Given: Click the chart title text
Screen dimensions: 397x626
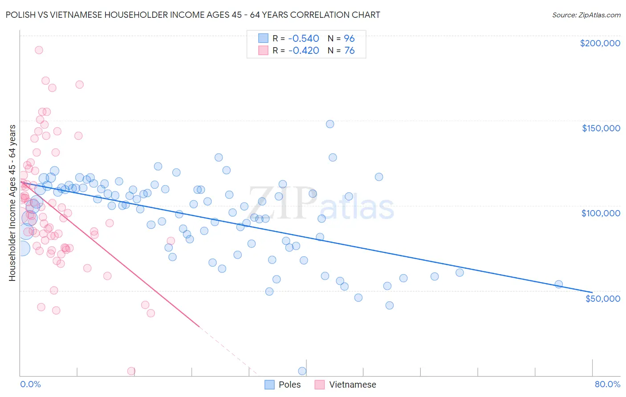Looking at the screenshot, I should click(x=193, y=15).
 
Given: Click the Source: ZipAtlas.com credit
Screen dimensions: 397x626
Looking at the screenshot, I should click(x=586, y=15).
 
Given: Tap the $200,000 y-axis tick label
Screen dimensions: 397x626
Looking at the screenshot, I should click(x=600, y=43).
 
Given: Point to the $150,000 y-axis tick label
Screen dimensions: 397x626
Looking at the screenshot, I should click(x=601, y=128).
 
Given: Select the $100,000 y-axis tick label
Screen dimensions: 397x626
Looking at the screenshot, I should click(x=601, y=213).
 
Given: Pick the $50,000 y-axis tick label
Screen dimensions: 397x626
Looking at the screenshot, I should click(x=602, y=298).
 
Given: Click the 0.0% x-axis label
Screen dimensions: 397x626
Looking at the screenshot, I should click(x=30, y=384).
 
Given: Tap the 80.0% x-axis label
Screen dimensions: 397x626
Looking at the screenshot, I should click(x=607, y=384).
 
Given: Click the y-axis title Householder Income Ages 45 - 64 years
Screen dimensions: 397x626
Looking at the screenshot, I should click(x=12, y=203).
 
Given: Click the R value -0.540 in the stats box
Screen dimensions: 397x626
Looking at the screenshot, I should click(x=304, y=38).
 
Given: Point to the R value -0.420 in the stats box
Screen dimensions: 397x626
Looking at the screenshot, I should click(x=304, y=50).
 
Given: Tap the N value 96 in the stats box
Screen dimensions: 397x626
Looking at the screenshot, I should click(x=349, y=38).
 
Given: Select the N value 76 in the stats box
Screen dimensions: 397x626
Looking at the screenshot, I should click(x=349, y=50).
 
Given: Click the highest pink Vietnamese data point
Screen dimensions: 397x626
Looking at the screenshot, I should click(x=39, y=50).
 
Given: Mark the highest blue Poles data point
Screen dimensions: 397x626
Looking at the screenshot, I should click(x=330, y=124).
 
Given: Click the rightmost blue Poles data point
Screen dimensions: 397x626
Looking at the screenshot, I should click(x=559, y=284).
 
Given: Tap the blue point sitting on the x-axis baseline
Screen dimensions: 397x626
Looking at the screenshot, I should click(x=302, y=371).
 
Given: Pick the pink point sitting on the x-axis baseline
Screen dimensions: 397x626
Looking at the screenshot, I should click(x=131, y=371).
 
